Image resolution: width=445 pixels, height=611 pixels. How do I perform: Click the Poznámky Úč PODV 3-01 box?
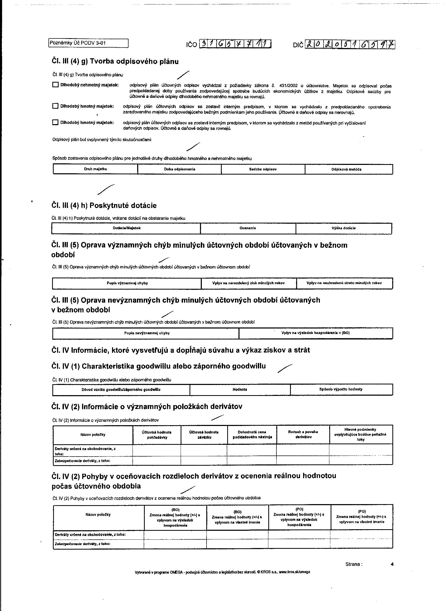(x=88, y=43)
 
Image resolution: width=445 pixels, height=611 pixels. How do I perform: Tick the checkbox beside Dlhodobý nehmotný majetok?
(x=55, y=85)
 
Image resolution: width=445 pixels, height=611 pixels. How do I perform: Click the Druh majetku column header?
(x=96, y=169)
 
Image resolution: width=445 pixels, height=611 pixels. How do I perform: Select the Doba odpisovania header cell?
(x=180, y=169)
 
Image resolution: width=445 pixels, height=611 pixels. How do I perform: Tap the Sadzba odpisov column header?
(x=263, y=169)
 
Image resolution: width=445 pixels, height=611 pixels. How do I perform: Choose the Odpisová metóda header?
(x=349, y=169)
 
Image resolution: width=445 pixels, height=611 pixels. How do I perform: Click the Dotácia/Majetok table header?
(x=126, y=228)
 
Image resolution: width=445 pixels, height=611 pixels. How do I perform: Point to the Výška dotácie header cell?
(x=343, y=228)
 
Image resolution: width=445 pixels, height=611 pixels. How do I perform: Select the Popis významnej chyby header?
(x=127, y=283)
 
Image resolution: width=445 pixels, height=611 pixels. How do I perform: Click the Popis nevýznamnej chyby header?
(x=147, y=333)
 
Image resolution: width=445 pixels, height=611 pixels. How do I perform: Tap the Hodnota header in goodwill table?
(x=240, y=389)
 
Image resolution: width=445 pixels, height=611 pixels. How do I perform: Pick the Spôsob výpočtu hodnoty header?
(x=341, y=389)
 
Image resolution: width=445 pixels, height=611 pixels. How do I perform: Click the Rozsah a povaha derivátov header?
(x=303, y=434)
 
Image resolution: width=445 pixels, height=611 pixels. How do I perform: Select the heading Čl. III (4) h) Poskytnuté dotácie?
(x=104, y=206)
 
